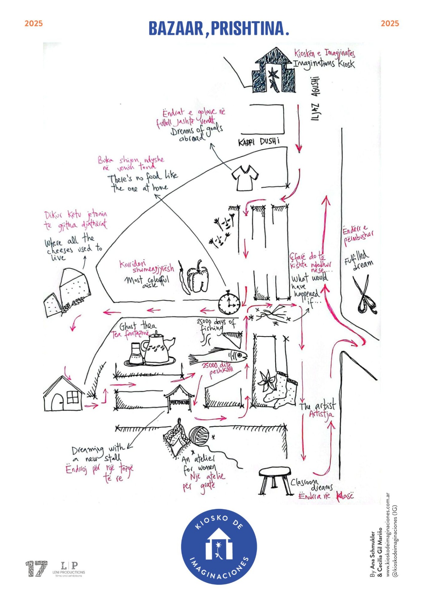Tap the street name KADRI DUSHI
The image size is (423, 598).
(x=259, y=142)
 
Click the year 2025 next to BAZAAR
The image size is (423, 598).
(x=33, y=24)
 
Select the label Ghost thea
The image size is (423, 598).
(x=137, y=326)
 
